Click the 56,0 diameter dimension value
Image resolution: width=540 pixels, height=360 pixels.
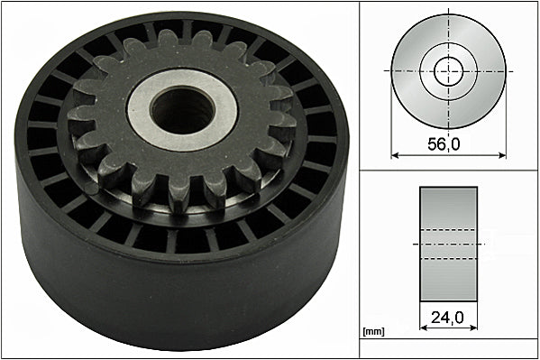[448, 143]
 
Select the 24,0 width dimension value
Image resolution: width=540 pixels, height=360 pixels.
[448, 318]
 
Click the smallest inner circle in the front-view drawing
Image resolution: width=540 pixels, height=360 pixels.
[448, 70]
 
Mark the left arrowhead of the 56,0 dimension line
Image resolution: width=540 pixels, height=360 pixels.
[395, 154]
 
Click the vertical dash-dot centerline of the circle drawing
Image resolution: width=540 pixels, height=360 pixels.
[448, 27]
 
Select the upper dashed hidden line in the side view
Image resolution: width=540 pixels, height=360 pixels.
[448, 230]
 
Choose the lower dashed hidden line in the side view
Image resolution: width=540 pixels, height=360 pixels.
[448, 259]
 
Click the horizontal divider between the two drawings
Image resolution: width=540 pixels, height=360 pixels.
[448, 170]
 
